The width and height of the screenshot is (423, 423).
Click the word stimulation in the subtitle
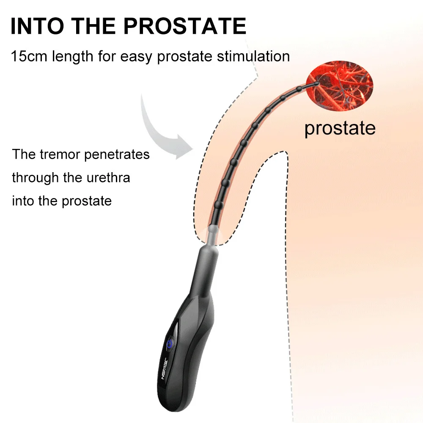253,56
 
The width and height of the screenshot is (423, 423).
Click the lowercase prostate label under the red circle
340,128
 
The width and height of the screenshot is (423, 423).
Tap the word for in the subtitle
107,56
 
